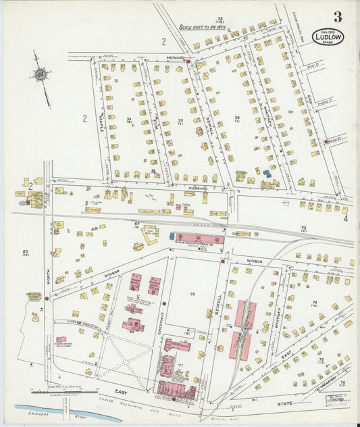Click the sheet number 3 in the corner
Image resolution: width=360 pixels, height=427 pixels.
336,17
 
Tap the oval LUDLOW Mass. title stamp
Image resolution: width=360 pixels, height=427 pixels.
328,36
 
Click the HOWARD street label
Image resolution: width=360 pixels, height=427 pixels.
176,59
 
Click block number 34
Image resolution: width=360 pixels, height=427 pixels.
128,119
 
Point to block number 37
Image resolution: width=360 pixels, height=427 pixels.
290,111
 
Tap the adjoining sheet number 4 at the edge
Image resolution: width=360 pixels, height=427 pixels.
344,218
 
